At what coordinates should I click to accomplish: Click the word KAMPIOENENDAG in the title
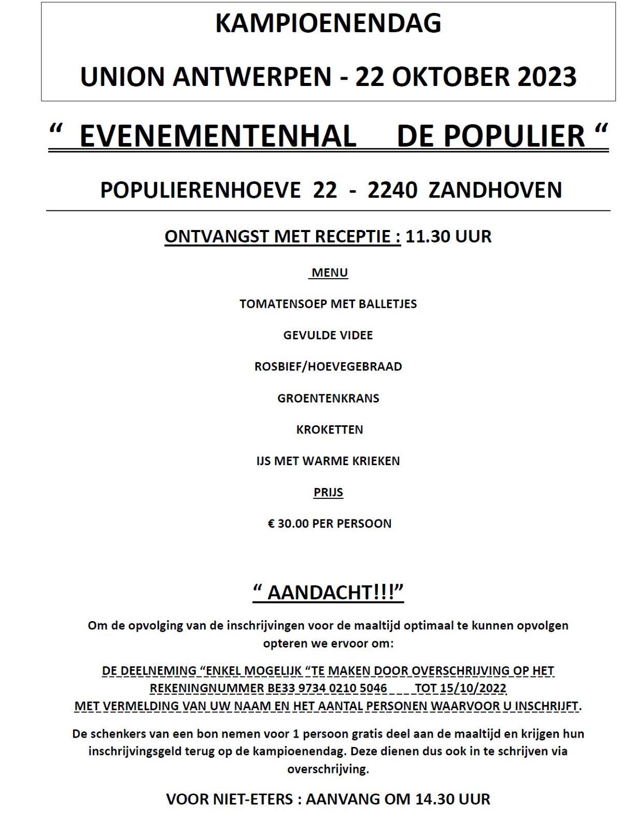(328, 23)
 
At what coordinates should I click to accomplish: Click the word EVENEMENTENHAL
(218, 136)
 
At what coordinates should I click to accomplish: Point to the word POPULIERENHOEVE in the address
(200, 190)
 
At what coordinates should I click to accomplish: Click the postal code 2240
(392, 190)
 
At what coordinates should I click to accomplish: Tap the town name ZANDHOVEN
(496, 190)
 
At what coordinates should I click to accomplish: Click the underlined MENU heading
(329, 272)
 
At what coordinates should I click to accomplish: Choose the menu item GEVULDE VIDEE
(328, 335)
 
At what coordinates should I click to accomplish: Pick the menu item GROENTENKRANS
(328, 398)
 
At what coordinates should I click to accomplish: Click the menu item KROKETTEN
(329, 429)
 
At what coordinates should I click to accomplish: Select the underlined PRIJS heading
(328, 492)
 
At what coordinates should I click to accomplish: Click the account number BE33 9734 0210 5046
(327, 688)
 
